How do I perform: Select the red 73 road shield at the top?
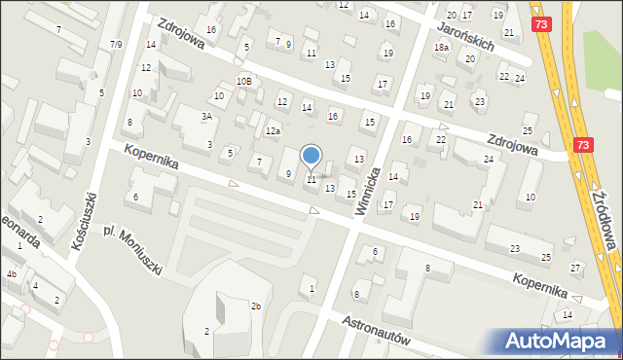(x=542, y=20)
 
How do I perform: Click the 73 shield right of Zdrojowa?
(x=582, y=144)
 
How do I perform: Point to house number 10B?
(x=243, y=82)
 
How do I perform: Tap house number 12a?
(x=274, y=130)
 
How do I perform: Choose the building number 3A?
(x=206, y=116)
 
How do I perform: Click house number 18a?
(x=442, y=47)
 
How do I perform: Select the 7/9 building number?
(x=117, y=44)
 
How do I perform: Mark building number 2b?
(x=256, y=306)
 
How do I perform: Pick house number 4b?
(x=12, y=274)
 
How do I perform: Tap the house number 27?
(x=575, y=267)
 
